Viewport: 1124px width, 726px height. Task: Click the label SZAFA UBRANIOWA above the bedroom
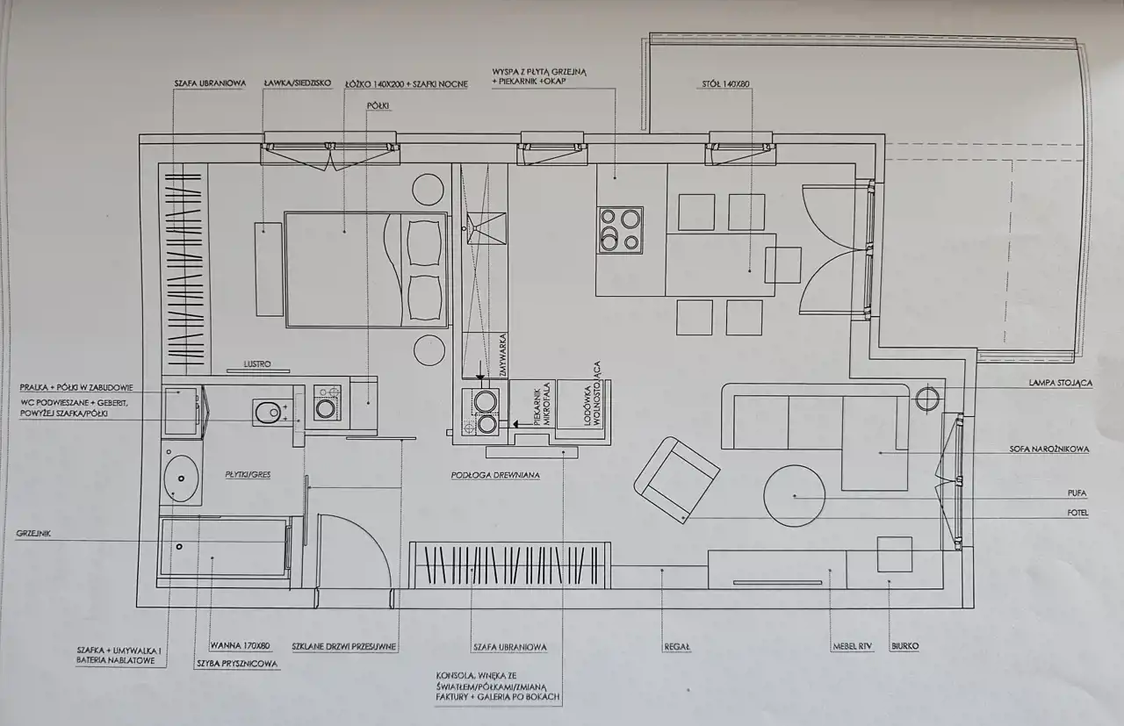click(210, 83)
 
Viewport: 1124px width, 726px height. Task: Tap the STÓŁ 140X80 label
click(725, 83)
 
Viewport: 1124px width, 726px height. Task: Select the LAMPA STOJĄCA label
click(1060, 383)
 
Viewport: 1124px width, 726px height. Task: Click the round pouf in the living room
click(795, 496)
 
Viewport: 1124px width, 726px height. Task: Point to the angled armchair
click(676, 480)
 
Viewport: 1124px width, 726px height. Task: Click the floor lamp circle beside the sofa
click(927, 399)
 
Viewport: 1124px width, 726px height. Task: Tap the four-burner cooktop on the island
click(620, 230)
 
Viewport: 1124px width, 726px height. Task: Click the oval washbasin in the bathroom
click(181, 478)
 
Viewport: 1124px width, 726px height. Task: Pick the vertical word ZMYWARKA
click(503, 355)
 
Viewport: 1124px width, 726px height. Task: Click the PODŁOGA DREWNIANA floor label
click(495, 475)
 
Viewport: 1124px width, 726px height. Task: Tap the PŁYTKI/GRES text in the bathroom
click(248, 474)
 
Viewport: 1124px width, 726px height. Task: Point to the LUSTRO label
click(257, 363)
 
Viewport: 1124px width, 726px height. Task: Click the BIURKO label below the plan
click(904, 646)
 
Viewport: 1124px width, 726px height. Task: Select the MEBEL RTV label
click(853, 646)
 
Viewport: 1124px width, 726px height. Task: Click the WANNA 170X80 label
click(240, 646)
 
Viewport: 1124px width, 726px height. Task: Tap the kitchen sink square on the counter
click(486, 228)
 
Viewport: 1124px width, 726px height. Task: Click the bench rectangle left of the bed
click(270, 270)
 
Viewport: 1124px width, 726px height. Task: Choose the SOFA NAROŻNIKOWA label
click(1049, 449)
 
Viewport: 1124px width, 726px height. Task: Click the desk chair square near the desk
click(894, 555)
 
